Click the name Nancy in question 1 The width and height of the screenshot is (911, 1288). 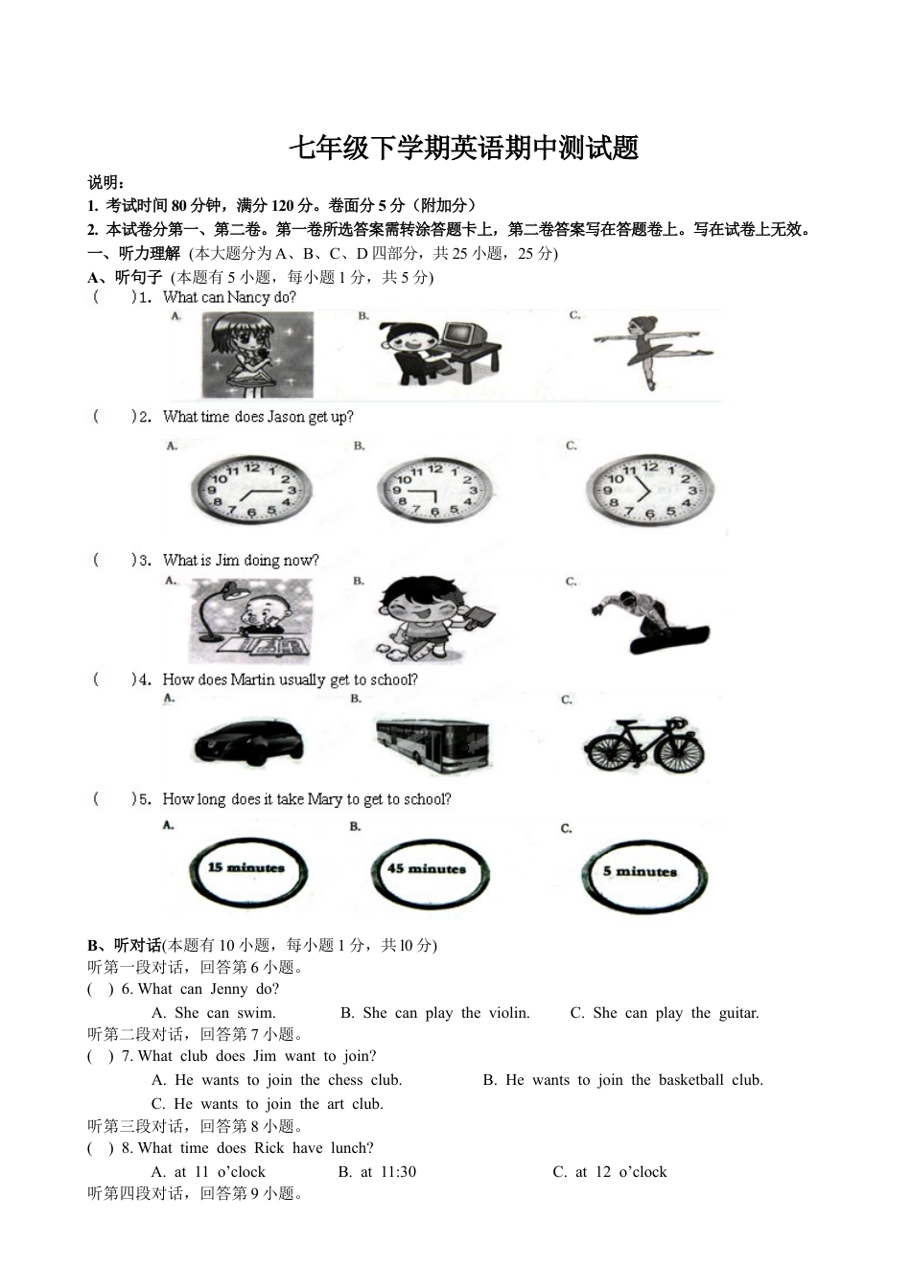click(249, 297)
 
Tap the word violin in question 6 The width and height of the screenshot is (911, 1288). click(507, 1013)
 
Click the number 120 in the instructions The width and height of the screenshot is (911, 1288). click(284, 206)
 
